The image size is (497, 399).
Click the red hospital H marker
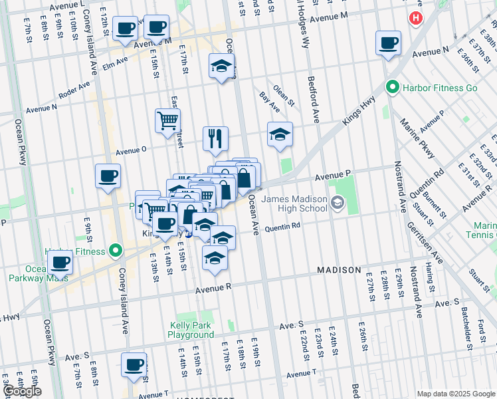tap(416, 18)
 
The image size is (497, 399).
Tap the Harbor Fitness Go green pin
tap(392, 87)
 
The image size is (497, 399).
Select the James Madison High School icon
tap(338, 203)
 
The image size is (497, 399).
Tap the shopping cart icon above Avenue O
tap(167, 120)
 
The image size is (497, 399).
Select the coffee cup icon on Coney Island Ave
tap(108, 176)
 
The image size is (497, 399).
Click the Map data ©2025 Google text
tap(455, 394)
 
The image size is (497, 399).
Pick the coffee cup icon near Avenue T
tap(134, 364)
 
